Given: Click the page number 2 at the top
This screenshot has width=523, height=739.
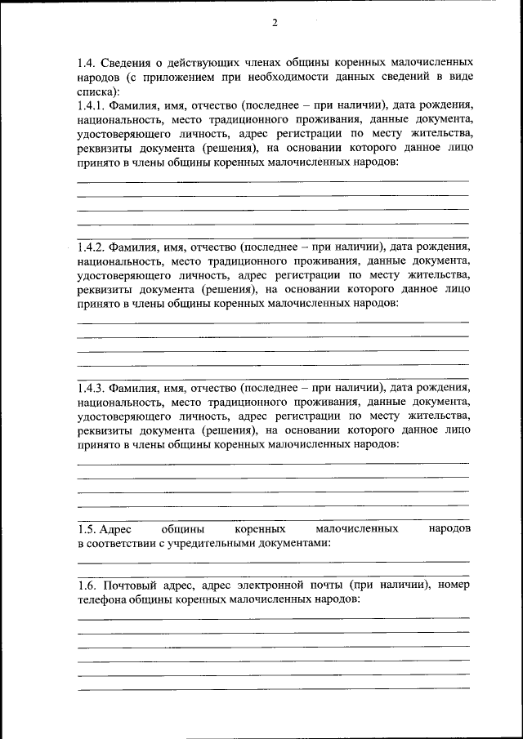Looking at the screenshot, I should (275, 23).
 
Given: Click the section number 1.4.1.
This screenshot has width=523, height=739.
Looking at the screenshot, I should (91, 106).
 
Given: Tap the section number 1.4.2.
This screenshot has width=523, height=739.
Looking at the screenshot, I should (91, 247).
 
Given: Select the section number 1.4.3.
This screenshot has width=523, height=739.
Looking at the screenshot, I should (91, 387).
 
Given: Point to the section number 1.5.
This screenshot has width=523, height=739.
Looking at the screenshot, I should (87, 528).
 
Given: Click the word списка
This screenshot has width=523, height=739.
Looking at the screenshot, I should (96, 91).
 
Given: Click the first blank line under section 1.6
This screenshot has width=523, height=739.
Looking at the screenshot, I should (273, 617).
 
